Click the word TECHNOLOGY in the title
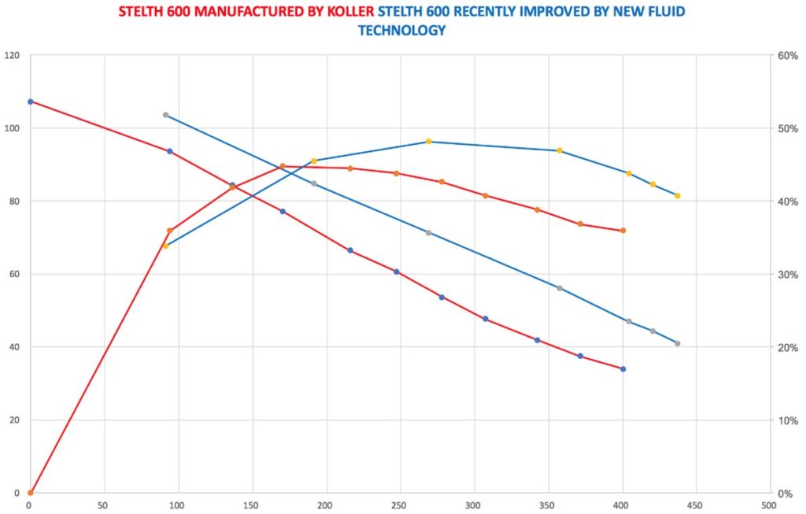point(401,31)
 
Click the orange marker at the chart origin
point(30,493)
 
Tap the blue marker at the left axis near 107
point(30,102)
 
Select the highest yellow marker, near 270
point(429,142)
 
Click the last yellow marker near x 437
point(677,196)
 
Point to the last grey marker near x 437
point(677,344)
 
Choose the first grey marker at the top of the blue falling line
point(165,115)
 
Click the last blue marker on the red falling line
point(623,369)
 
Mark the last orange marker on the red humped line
point(623,231)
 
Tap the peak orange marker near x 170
point(283,166)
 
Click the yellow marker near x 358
point(560,150)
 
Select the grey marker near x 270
point(429,233)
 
